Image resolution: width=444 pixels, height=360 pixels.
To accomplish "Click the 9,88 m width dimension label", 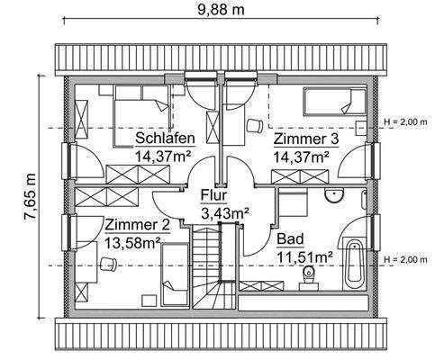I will [221, 11].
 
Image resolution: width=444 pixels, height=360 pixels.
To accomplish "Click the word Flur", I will [213, 195].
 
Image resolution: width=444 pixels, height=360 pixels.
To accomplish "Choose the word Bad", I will [290, 241].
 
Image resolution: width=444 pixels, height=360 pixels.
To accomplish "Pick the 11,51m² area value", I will [304, 258].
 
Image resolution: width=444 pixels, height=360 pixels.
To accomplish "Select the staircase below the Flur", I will [207, 265].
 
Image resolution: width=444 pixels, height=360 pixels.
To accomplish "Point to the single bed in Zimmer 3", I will [328, 101].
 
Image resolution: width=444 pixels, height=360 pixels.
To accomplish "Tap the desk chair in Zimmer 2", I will [109, 263].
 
